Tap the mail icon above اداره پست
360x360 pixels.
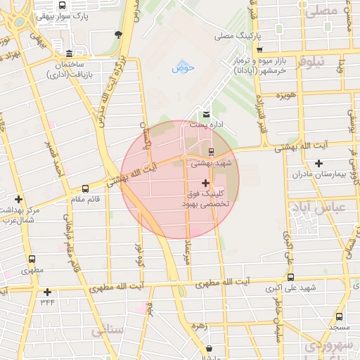click(207, 114)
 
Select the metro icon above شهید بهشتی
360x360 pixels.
click(212, 152)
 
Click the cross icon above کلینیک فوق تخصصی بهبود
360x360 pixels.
click(205, 182)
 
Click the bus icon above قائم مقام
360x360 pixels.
click(85, 188)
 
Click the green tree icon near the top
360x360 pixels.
click(118, 33)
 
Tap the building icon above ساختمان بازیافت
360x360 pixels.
click(68, 55)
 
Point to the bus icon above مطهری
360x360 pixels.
click(31, 259)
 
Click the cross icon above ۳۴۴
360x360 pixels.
click(47, 292)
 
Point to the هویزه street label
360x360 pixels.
click(284, 95)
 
